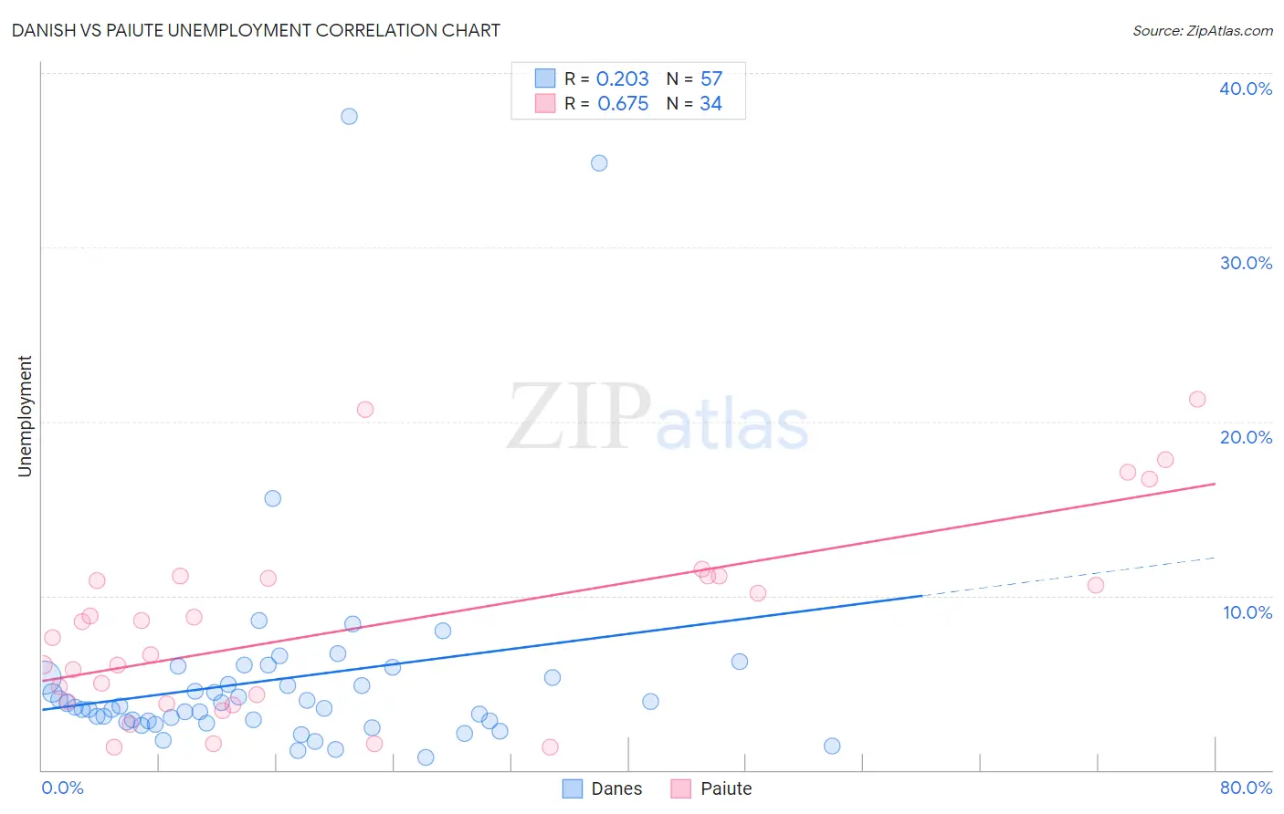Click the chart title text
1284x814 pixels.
pyautogui.click(x=256, y=30)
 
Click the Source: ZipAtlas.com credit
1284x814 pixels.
pyautogui.click(x=1202, y=30)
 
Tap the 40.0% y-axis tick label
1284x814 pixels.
pyautogui.click(x=1246, y=89)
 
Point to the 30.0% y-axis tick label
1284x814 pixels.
pyautogui.click(x=1246, y=263)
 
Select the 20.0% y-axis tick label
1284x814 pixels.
pyautogui.click(x=1246, y=437)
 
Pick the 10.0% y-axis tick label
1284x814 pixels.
pyautogui.click(x=1247, y=612)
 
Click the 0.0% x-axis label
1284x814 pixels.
pyautogui.click(x=62, y=788)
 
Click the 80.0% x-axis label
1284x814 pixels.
pyautogui.click(x=1246, y=788)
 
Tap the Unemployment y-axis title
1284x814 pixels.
pyautogui.click(x=25, y=416)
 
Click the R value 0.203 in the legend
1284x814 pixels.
pyautogui.click(x=622, y=79)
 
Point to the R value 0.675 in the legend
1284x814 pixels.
pyautogui.click(x=623, y=104)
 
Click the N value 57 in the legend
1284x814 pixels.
pyautogui.click(x=711, y=79)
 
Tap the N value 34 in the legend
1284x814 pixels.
pyautogui.click(x=711, y=104)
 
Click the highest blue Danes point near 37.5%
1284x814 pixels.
pyautogui.click(x=349, y=116)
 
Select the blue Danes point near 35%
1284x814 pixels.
pyautogui.click(x=599, y=163)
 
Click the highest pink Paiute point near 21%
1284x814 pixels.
pyautogui.click(x=1197, y=399)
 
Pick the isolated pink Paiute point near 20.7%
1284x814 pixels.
pyautogui.click(x=365, y=409)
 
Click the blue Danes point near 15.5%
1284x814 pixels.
pyautogui.click(x=272, y=498)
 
